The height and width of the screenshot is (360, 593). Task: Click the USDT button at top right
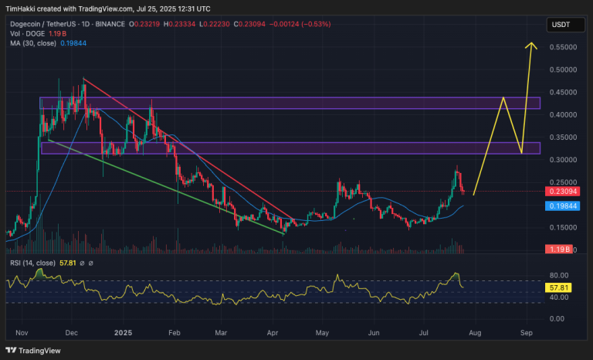coord(560,25)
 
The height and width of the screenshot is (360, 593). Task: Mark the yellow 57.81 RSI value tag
coord(558,287)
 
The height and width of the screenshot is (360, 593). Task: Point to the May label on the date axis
coord(322,332)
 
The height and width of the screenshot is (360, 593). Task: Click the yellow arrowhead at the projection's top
coord(531,45)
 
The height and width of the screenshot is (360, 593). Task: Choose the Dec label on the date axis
coord(73,332)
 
